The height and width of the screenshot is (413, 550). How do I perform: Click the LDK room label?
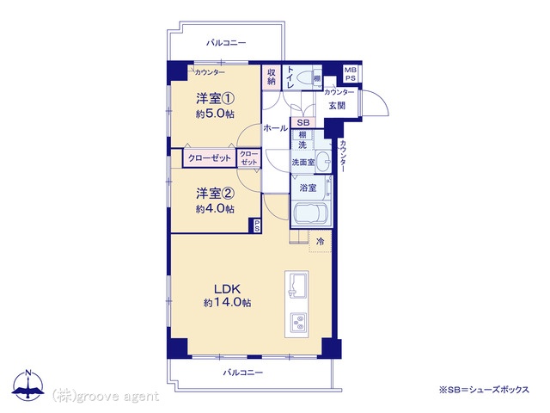point(227,289)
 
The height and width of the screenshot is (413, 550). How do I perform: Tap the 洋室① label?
point(215,99)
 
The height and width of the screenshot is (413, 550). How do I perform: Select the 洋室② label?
point(215,193)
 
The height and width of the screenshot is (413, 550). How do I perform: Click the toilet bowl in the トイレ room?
point(303,78)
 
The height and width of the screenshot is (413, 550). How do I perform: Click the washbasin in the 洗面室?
point(323,162)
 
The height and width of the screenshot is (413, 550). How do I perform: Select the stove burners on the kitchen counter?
point(298,323)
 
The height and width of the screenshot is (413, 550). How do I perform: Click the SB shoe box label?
point(303,123)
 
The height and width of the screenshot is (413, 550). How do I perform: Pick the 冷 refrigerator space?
point(320,241)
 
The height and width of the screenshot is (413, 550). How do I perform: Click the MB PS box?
point(350,75)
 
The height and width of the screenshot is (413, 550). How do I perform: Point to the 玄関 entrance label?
point(337,105)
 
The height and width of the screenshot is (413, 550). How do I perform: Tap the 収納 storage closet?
point(272,77)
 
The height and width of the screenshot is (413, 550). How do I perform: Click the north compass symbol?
point(28,385)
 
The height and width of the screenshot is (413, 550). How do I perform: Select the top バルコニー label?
point(226,43)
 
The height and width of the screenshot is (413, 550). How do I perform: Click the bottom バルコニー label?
point(243,373)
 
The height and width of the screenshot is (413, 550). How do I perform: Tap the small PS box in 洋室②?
point(256,225)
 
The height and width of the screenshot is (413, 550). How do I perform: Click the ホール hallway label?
point(275,128)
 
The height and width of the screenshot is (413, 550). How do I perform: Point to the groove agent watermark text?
point(106,397)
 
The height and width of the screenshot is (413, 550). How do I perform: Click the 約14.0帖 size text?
point(227,303)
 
